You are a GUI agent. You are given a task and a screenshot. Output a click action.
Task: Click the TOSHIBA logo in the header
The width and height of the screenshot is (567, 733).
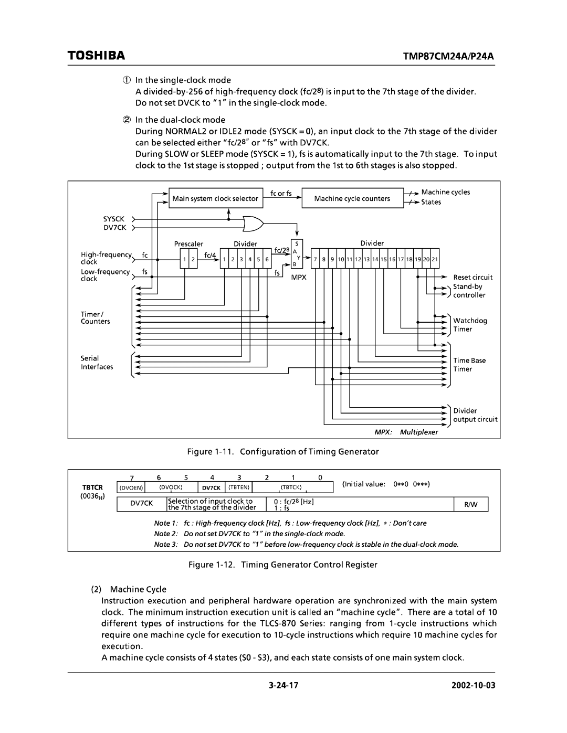point(96,55)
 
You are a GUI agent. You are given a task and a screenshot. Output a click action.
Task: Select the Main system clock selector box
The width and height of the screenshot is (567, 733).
point(215,198)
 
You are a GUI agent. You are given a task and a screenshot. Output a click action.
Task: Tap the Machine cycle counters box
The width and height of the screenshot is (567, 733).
point(352,198)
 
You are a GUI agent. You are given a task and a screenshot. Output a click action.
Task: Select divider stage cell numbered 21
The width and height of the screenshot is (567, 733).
point(435,259)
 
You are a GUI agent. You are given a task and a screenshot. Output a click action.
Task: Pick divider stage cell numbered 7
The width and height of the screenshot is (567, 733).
point(316,259)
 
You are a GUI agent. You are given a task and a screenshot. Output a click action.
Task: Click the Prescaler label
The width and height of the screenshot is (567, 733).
point(188,244)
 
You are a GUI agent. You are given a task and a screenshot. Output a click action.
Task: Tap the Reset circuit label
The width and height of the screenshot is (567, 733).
point(472,277)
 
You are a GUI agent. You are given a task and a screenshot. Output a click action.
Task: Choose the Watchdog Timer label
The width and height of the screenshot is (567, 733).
point(470,325)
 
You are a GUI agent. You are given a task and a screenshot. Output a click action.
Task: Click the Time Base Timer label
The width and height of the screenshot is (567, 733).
point(469,365)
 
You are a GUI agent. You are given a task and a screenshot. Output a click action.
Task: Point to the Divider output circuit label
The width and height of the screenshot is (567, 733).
point(475,415)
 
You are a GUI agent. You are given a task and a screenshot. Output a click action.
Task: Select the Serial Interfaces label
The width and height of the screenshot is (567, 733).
point(97,363)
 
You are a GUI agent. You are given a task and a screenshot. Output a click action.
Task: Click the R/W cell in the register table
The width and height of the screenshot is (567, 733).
point(471,505)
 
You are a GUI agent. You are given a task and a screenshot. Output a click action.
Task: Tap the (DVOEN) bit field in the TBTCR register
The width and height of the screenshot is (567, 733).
point(131,487)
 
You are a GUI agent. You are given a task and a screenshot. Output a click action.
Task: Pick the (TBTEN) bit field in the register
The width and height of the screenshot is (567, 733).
point(239,487)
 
